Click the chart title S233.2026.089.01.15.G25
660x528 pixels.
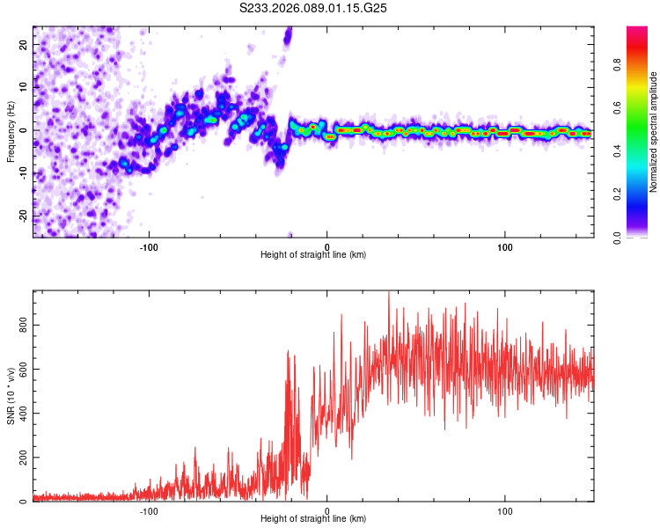coord(314,9)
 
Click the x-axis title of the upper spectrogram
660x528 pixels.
coord(313,254)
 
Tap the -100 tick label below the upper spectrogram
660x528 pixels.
coord(149,246)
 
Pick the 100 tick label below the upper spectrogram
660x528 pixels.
coord(505,246)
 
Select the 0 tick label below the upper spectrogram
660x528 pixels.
coord(327,246)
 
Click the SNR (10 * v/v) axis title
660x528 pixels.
coord(11,396)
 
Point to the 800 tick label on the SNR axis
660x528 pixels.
coord(21,325)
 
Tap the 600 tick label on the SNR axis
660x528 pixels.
coord(21,370)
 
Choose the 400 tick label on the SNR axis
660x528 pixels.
coord(21,414)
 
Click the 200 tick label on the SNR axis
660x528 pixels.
coord(21,458)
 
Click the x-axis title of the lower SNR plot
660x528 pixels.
coord(313,519)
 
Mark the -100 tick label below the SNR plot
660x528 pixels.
coord(149,510)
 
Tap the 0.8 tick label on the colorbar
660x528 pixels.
coord(641,63)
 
